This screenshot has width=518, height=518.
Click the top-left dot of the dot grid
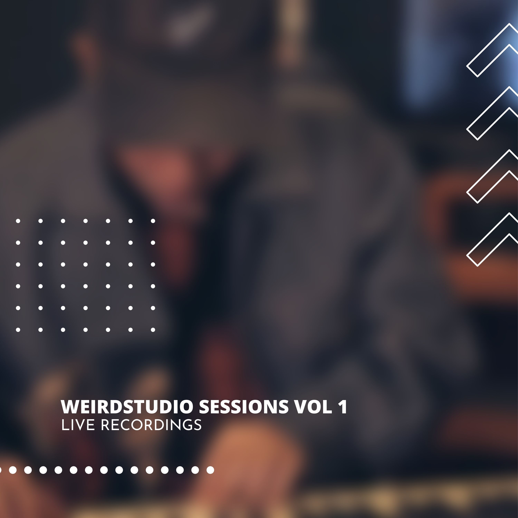click(18, 221)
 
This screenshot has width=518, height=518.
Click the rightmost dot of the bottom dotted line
click(210, 470)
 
